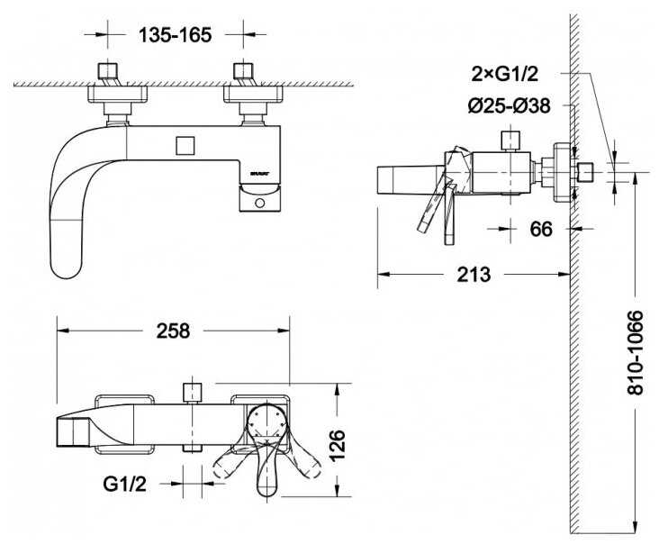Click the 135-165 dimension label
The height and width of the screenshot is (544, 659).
pos(175,35)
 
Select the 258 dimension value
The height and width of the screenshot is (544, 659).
pos(173,331)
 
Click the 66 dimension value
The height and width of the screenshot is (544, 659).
pos(540,229)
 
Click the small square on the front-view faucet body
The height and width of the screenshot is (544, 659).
pos(186,145)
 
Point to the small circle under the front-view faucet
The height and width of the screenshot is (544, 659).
pos(261,204)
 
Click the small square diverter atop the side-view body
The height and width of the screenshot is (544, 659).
pos(510,140)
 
